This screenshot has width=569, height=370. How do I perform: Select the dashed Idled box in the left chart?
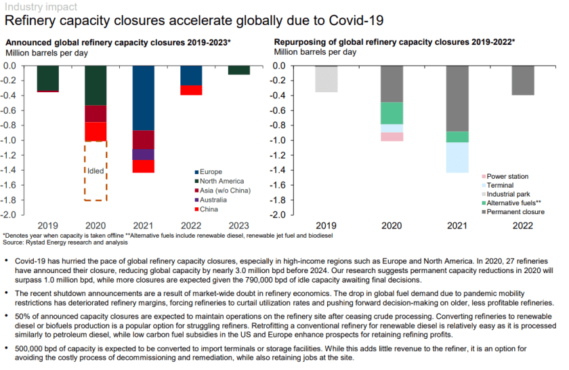click(x=96, y=171)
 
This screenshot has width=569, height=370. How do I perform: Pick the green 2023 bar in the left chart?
click(x=238, y=70)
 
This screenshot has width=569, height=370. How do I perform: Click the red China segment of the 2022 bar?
click(x=191, y=90)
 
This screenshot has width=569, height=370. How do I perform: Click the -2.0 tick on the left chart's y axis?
click(x=16, y=215)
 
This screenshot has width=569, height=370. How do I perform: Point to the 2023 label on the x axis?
click(x=238, y=226)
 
